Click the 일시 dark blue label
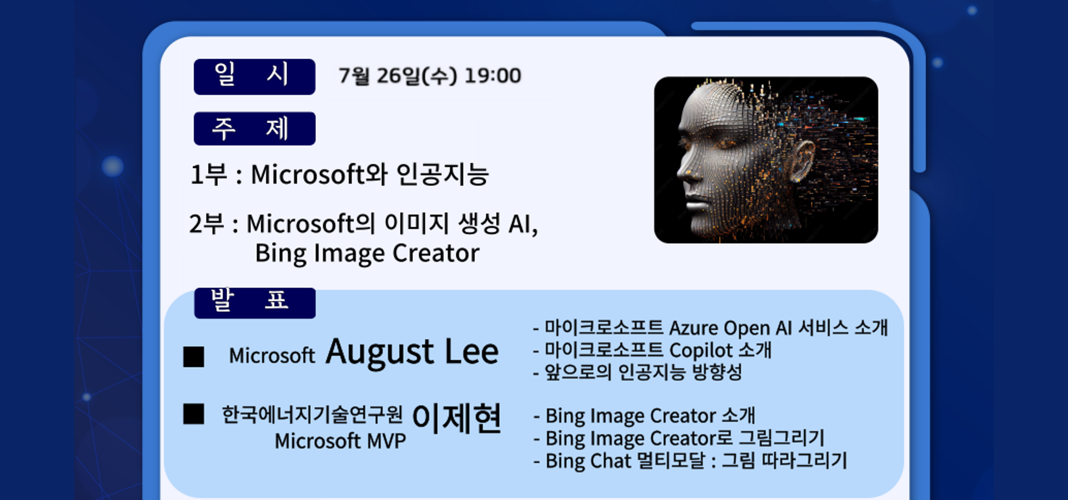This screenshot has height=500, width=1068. [x=254, y=77]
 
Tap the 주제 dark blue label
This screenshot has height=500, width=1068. [x=254, y=128]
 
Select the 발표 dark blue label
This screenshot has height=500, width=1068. [x=255, y=303]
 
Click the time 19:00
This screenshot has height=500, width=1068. [x=493, y=76]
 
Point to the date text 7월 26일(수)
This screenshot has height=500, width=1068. [x=398, y=76]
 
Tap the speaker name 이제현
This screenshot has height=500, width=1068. [x=456, y=418]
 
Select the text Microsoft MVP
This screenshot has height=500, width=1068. [x=340, y=441]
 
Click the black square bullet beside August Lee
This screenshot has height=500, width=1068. [x=194, y=357]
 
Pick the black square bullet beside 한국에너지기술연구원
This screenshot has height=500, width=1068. [x=194, y=414]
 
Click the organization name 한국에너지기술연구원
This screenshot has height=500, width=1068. [x=312, y=414]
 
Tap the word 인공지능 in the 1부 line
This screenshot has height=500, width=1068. [x=443, y=175]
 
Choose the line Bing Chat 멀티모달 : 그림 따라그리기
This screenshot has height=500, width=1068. [x=690, y=461]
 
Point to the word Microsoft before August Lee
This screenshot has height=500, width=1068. [x=272, y=355]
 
